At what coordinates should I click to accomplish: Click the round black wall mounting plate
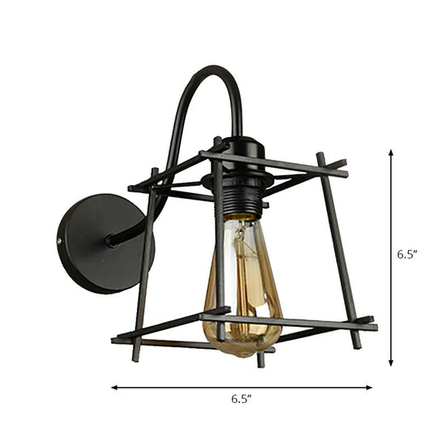point(96,243)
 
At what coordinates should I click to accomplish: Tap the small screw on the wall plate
point(60,240)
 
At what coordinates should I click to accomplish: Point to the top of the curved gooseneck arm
point(211,73)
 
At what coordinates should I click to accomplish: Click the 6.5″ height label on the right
point(407,254)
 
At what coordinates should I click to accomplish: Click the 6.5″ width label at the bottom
point(241,400)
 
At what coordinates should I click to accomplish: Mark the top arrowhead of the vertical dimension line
point(391,153)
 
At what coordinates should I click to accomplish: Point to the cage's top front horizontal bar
point(276,163)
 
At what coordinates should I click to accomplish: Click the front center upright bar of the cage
point(219,243)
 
